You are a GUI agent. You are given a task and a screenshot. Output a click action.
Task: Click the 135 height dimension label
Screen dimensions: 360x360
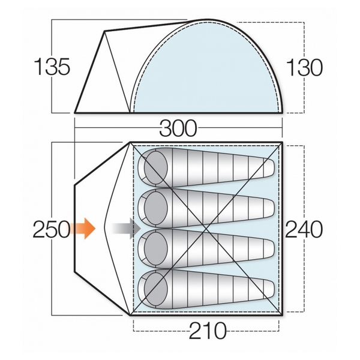click(x=52, y=67)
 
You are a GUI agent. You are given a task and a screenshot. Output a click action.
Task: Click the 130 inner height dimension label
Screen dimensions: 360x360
click(x=305, y=67)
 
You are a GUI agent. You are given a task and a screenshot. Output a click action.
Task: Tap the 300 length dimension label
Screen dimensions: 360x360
click(x=178, y=128)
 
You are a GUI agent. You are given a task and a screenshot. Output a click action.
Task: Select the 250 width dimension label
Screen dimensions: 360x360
click(x=52, y=229)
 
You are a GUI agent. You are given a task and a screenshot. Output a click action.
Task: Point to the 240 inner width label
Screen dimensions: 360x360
click(x=304, y=229)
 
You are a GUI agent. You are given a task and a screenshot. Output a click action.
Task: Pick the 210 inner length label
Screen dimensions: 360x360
click(x=208, y=331)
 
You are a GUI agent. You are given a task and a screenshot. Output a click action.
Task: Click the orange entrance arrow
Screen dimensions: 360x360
click(x=82, y=229)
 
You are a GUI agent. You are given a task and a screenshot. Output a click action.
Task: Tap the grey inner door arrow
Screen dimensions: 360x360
click(x=126, y=229)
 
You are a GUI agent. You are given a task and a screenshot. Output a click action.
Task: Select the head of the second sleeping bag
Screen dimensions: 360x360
click(x=155, y=208)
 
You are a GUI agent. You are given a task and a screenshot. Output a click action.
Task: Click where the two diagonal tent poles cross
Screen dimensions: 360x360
click(x=206, y=229)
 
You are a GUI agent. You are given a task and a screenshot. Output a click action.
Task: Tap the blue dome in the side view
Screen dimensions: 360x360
click(x=208, y=69)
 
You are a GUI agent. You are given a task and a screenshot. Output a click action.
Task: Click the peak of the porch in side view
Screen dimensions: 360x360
click(x=104, y=31)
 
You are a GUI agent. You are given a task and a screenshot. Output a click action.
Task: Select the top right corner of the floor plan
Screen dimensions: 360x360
click(x=282, y=142)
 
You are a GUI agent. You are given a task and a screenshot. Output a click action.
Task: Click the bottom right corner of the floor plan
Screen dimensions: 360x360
click(x=282, y=316)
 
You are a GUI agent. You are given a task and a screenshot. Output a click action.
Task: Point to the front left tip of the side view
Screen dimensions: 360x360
click(x=75, y=113)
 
